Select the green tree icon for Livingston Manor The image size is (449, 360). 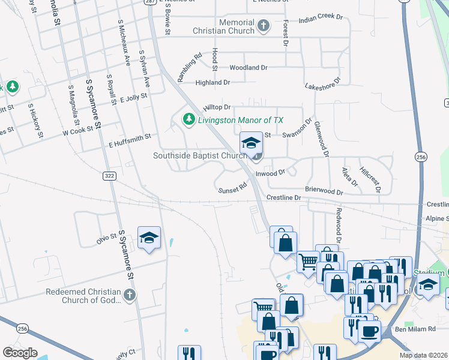[189, 119]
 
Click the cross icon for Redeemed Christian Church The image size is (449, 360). [129, 295]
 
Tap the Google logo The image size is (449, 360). [20, 353]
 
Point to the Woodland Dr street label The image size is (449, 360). [248, 68]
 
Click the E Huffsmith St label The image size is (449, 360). [129, 141]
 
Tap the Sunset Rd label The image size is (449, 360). [233, 188]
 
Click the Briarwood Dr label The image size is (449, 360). [324, 190]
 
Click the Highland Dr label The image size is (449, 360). [212, 83]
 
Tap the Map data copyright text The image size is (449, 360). [423, 355]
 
